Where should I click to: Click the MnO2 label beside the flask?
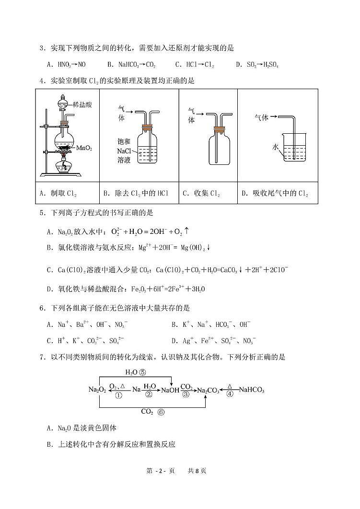[84, 148]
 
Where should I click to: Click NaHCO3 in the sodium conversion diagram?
[251, 390]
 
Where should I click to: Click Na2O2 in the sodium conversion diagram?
[97, 390]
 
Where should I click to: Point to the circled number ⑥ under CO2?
[161, 411]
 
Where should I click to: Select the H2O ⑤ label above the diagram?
[135, 371]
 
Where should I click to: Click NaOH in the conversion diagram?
[170, 390]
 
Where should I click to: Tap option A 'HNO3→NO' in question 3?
[66, 65]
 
